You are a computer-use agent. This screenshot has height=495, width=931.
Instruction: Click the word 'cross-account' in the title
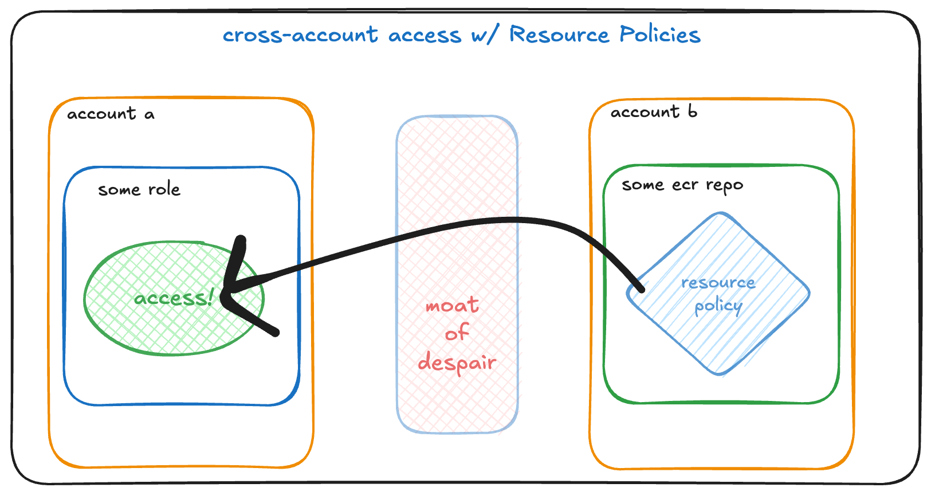pos(300,36)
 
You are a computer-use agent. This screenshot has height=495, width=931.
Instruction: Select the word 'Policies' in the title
pos(659,35)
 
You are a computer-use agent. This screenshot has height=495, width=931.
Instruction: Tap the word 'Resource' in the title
pos(559,35)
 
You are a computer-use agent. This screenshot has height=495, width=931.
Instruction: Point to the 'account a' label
pos(111,114)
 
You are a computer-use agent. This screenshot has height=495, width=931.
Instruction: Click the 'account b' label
pos(654,112)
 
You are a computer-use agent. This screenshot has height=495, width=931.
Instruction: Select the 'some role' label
pos(139,189)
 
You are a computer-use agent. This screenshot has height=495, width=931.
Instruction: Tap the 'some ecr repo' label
pos(682,185)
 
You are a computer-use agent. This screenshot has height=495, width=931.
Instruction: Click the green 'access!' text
pos(173,298)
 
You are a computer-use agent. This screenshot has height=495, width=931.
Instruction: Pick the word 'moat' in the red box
pos(452,305)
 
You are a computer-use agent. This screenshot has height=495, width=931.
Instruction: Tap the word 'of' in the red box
pos(457,333)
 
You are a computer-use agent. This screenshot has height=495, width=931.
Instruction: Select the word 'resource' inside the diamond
pos(718,283)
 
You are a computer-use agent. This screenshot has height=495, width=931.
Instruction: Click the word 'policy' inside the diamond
pos(718,307)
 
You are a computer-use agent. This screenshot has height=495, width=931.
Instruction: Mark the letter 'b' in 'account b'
pos(692,111)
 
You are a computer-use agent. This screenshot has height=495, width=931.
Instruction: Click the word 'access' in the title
pos(425,36)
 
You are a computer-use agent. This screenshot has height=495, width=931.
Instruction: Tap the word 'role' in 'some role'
pos(164,189)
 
